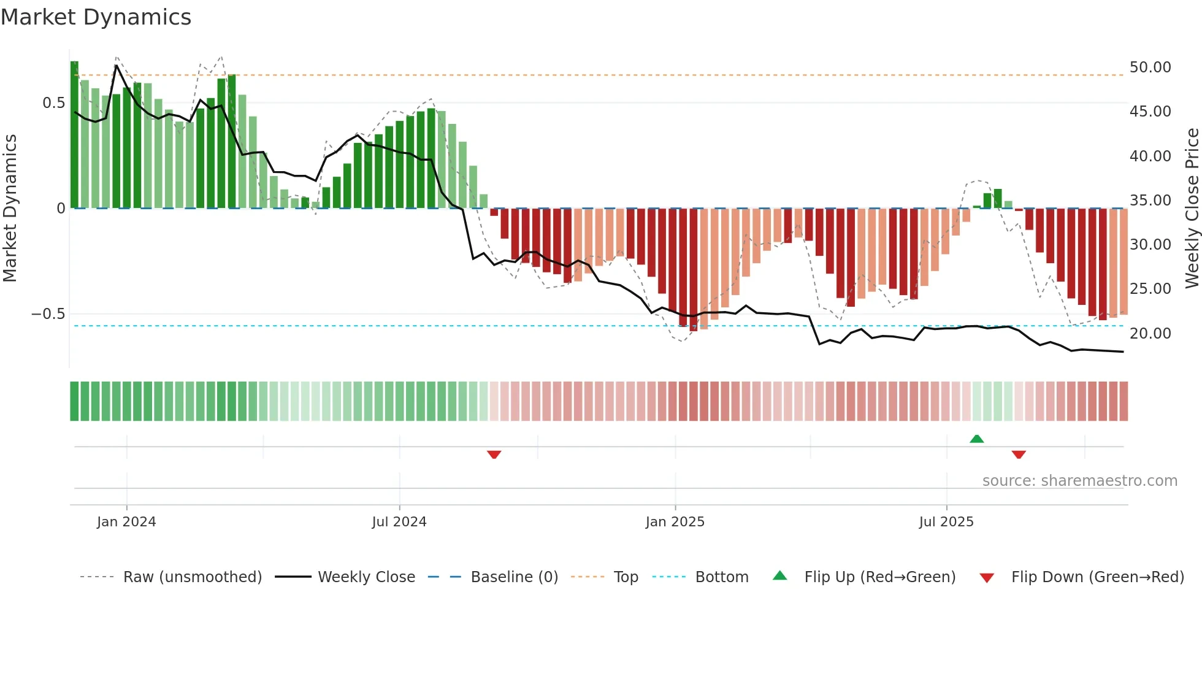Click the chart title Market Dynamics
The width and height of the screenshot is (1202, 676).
point(96,17)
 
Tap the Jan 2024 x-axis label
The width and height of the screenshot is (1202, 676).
point(126,522)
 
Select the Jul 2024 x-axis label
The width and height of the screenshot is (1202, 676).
point(399,522)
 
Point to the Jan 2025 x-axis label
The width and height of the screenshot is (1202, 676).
point(675,522)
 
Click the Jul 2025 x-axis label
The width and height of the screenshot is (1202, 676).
point(946,522)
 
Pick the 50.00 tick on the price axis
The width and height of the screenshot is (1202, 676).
point(1150,67)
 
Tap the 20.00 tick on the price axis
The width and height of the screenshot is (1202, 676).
point(1150,334)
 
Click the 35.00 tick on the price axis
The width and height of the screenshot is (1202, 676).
point(1150,201)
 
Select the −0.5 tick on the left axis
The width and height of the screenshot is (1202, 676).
point(48,314)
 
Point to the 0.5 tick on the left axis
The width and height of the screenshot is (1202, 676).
point(54,103)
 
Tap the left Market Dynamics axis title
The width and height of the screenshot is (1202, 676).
point(10,208)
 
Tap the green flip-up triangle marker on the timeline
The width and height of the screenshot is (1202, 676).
point(977,439)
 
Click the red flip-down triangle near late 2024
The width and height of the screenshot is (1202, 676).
point(494,455)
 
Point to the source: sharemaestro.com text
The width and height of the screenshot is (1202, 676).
point(1079,481)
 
